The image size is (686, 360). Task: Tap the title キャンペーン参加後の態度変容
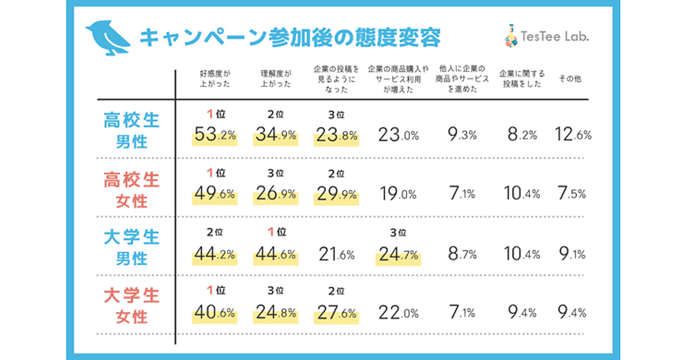point(290,37)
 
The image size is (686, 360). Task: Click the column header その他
point(570,79)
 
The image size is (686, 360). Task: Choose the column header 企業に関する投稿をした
point(521,79)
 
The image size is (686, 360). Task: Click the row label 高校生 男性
point(131,130)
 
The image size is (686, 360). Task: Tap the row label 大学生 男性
point(131,247)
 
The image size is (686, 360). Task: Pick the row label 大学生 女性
point(131,306)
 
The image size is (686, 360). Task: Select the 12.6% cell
point(573,136)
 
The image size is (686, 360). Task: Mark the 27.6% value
point(336,313)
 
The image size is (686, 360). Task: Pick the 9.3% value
point(461,136)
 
